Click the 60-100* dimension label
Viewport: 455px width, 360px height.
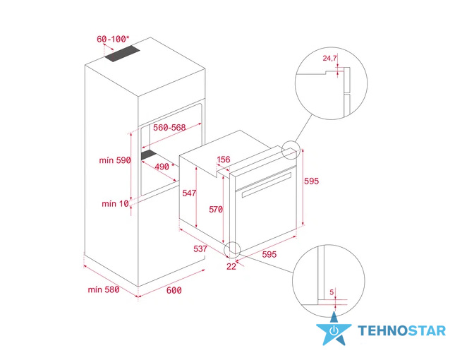click(x=113, y=39)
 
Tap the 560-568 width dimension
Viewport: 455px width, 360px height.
click(x=169, y=128)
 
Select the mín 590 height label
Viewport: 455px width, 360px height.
click(x=115, y=160)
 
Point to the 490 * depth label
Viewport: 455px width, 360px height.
click(x=164, y=167)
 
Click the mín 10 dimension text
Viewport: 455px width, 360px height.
click(x=115, y=203)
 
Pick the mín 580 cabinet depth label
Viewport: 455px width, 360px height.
click(x=104, y=289)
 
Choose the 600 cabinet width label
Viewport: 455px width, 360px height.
click(x=174, y=290)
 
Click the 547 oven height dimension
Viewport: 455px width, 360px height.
click(x=189, y=193)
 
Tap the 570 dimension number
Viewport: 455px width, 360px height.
click(x=216, y=210)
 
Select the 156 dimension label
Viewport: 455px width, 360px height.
click(x=224, y=160)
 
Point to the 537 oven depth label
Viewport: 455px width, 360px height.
click(x=200, y=248)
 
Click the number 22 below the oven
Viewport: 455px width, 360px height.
click(x=231, y=267)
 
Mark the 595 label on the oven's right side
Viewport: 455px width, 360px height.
click(x=311, y=181)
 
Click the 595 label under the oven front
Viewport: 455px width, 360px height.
click(x=269, y=254)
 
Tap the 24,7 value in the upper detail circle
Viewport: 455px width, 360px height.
click(x=329, y=59)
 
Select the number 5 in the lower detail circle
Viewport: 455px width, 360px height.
click(x=332, y=292)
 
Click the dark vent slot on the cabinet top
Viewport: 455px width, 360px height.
click(x=122, y=54)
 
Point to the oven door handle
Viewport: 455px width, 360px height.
click(x=266, y=185)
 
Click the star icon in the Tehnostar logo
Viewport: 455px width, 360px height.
click(x=334, y=330)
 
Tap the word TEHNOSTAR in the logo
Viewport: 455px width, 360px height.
click(x=401, y=330)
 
